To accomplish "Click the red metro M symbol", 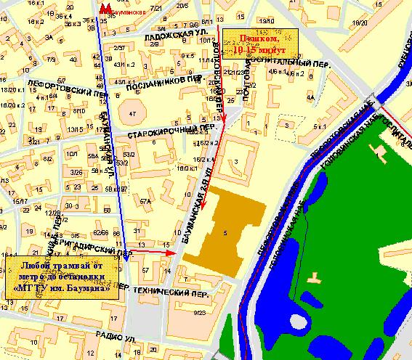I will [106, 7].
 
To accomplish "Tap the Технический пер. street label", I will [169, 292].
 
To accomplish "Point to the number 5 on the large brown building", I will [226, 233].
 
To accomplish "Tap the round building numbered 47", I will [132, 115].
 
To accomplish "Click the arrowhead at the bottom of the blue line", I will [126, 257].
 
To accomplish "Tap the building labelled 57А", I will [145, 200].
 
